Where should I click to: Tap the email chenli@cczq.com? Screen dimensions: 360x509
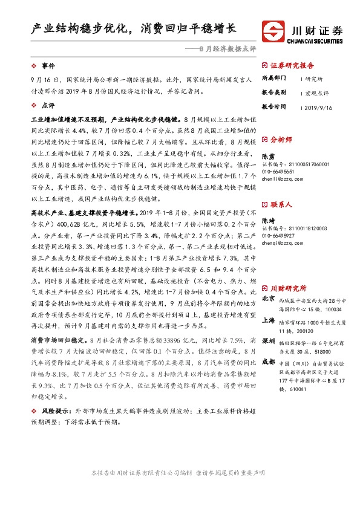pos(278,179)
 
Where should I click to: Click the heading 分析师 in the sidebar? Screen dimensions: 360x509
pos(281,139)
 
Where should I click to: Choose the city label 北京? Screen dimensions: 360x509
pos(269,299)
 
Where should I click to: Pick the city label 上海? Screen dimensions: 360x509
pos(269,320)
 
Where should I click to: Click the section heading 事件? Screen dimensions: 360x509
pos(47,65)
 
